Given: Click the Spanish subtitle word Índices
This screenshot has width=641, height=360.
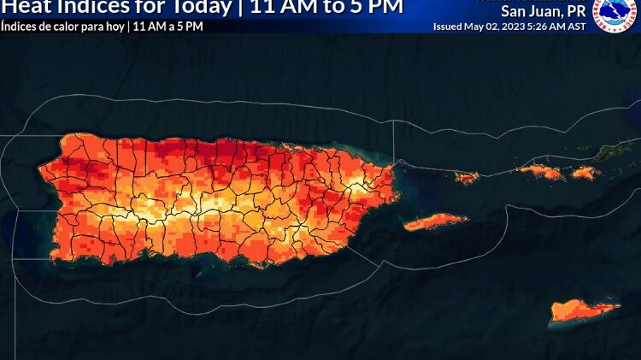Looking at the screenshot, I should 18,27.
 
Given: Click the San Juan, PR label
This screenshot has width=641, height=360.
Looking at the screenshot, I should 543,12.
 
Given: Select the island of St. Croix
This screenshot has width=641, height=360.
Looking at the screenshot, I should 585,309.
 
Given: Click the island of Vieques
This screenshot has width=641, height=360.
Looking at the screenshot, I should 435,221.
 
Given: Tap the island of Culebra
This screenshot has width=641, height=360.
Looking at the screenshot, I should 467,178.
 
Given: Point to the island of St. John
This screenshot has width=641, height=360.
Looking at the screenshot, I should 584,173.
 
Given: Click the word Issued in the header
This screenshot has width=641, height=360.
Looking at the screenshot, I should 448,27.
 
